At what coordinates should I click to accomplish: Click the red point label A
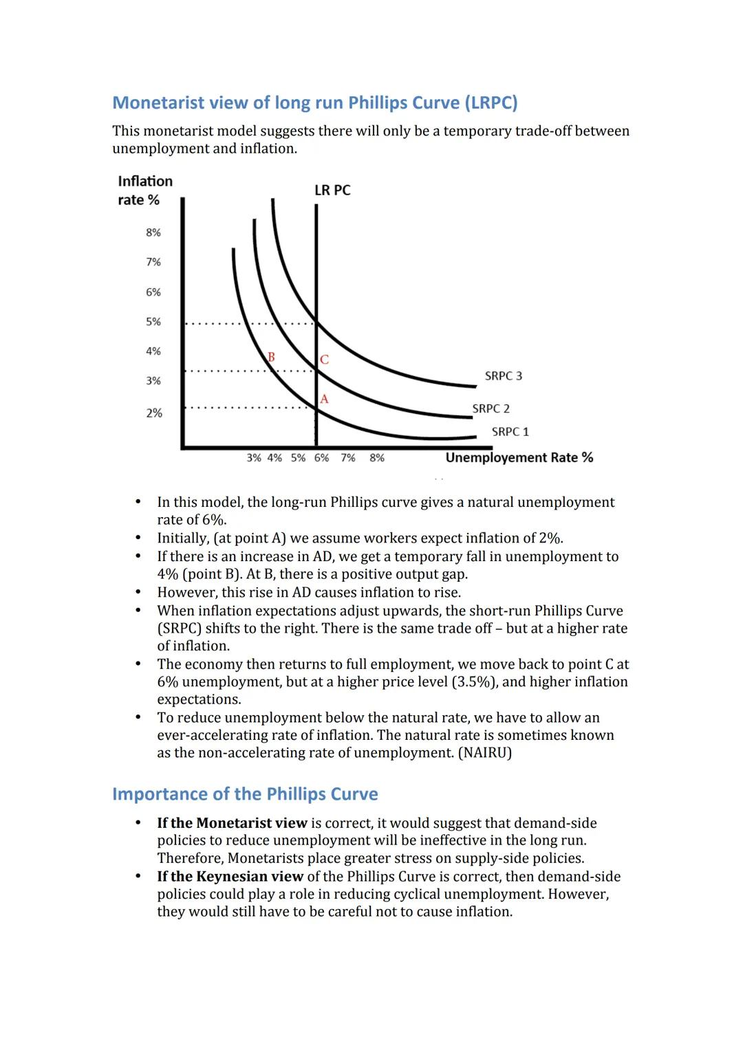(324, 400)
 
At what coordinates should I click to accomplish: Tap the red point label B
(271, 357)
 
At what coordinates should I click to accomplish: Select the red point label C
(324, 360)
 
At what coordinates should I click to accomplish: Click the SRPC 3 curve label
(503, 376)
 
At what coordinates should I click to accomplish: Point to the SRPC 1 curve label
(510, 432)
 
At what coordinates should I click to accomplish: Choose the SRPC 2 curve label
(491, 408)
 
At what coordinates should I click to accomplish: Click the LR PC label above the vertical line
(332, 190)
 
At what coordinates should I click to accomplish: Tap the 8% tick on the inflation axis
(153, 232)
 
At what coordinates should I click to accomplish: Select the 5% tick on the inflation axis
(153, 322)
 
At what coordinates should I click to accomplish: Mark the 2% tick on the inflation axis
(154, 413)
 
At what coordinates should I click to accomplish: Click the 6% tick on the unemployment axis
(321, 458)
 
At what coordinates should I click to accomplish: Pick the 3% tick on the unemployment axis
(254, 458)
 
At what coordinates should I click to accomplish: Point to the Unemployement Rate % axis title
(519, 458)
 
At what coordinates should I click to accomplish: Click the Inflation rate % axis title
(144, 190)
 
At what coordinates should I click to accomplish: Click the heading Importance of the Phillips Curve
(245, 794)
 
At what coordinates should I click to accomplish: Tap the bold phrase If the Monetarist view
(232, 823)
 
